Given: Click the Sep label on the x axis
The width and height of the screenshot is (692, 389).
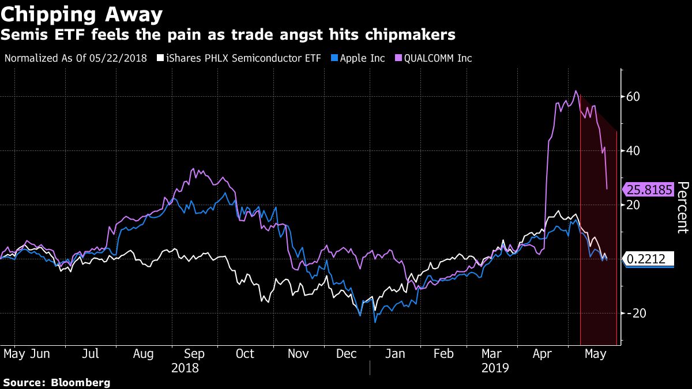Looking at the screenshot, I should pos(194,353).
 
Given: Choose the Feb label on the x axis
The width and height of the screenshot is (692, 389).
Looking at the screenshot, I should pos(443,353).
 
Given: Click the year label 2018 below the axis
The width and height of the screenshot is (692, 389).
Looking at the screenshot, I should pos(185,368).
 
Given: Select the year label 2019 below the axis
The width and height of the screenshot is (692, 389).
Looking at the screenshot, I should pos(495,368).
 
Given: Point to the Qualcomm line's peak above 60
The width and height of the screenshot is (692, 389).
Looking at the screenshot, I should pos(576,91).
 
